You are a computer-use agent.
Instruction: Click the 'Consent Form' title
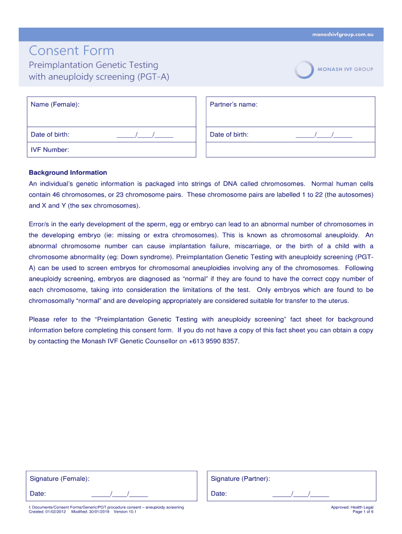(x=71, y=51)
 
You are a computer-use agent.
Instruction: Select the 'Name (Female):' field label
(x=55, y=105)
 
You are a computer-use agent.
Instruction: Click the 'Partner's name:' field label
(x=233, y=105)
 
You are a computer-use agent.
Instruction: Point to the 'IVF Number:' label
(x=50, y=150)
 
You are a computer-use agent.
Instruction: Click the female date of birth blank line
(x=145, y=135)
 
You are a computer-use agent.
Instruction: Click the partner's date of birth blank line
(x=324, y=135)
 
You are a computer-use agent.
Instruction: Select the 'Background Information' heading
(x=68, y=173)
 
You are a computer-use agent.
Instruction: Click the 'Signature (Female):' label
(x=60, y=479)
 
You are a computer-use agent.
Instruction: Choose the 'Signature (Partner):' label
(x=240, y=479)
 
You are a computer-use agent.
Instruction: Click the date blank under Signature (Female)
(x=120, y=494)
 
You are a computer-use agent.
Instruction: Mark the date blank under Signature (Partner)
(x=301, y=494)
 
